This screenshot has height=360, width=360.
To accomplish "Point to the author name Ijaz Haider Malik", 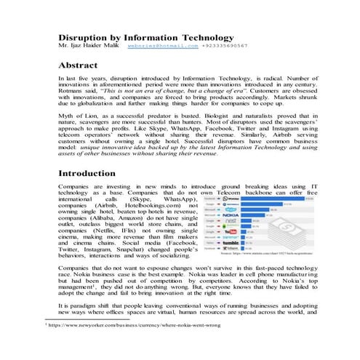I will (89, 46).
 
